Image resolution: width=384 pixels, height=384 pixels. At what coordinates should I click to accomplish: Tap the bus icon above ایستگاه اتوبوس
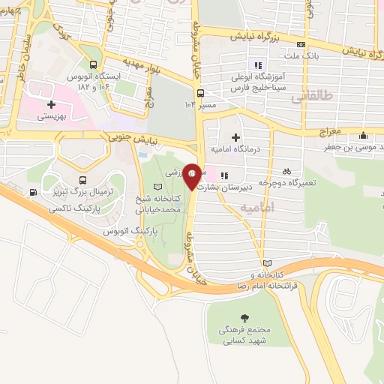[93, 64]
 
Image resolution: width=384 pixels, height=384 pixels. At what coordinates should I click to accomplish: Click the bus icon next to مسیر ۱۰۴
[200, 94]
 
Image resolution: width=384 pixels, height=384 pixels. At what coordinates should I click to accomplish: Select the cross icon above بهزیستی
[51, 105]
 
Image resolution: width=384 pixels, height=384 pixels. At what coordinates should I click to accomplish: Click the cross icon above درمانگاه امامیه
[235, 136]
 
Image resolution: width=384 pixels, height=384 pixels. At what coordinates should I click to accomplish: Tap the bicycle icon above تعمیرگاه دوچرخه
[287, 170]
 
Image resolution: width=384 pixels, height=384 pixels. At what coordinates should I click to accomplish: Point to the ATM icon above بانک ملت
[301, 43]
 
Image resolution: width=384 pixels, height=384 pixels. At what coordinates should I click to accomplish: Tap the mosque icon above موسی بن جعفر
[364, 136]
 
